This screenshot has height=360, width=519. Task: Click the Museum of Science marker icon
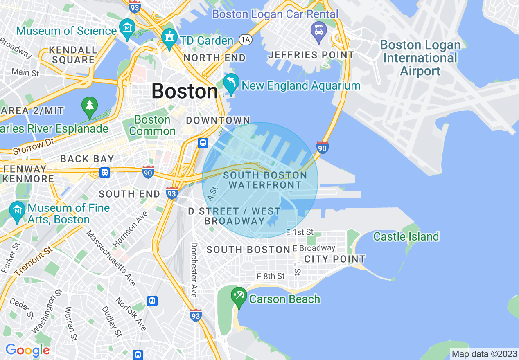coord(127,27)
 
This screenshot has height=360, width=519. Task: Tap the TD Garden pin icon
coord(169,37)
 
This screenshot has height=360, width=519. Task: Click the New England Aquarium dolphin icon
coord(231,82)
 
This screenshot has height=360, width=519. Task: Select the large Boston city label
coord(185,91)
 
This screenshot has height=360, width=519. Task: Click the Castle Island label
coord(406,236)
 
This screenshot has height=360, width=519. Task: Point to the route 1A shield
coord(245,39)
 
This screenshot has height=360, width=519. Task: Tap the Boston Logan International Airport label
coord(420,58)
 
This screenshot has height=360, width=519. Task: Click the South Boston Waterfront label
coord(265,180)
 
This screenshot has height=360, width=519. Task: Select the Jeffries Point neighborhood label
coord(311,55)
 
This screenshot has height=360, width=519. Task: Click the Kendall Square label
coord(72,55)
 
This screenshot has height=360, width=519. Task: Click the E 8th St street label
coord(271,277)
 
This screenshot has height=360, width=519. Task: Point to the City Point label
coord(335,259)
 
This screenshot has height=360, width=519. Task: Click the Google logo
coord(27,350)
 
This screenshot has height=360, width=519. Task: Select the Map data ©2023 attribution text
coord(484,354)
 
